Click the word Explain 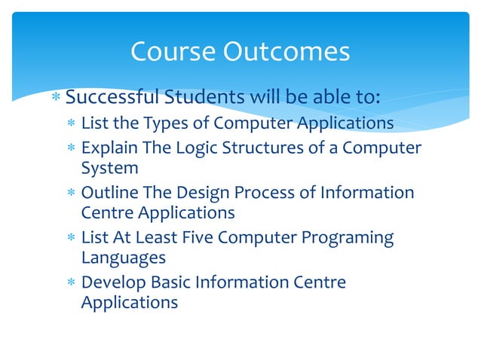[x=109, y=147]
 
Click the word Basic [x=168, y=282]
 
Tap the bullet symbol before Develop [x=71, y=283]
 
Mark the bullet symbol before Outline [x=71, y=193]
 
